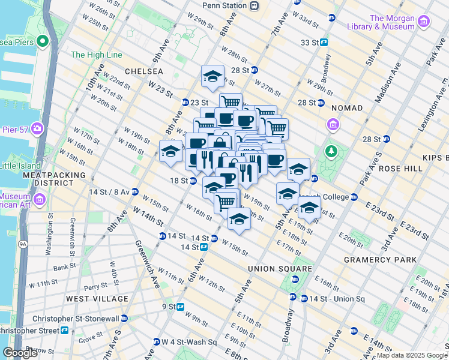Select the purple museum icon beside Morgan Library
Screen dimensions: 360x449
pos(424,22)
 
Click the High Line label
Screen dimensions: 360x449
pos(96,55)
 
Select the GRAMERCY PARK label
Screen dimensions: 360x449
pos(380,260)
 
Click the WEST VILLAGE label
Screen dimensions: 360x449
pos(97,299)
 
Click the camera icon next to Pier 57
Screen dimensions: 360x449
pos(37,128)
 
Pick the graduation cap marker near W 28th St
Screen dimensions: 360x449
pos(212,76)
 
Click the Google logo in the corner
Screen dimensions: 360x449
pos(20,353)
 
